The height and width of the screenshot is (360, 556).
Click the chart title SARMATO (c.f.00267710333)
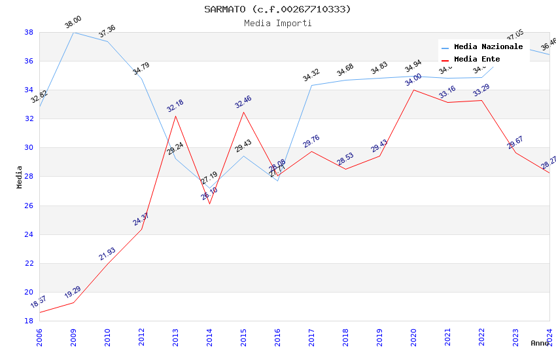(277, 9)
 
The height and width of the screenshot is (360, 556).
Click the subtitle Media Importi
(277, 23)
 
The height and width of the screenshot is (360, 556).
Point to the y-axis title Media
(20, 177)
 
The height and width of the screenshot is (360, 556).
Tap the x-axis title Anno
(540, 343)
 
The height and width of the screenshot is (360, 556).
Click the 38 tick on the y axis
(29, 32)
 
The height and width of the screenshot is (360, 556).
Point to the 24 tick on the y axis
(29, 234)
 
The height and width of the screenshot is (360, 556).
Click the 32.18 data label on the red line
(175, 106)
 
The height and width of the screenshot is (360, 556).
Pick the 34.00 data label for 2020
(413, 80)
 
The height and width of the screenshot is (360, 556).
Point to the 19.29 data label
(73, 293)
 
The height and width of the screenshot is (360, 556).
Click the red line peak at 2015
(243, 112)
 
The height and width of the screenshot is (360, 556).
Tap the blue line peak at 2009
(73, 32)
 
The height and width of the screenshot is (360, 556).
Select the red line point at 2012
(141, 229)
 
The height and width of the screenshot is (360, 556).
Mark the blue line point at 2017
(311, 85)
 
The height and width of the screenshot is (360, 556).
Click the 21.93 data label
(107, 254)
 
